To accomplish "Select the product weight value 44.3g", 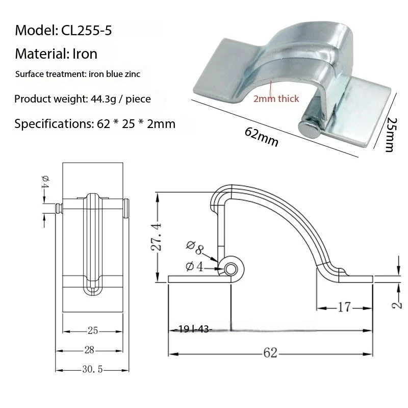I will click(102, 98).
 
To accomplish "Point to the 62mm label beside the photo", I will click(262, 137).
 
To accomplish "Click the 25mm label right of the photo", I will click(390, 134).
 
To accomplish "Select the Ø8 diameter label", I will click(195, 249).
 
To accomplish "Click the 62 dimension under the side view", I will click(270, 353).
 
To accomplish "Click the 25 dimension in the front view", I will click(93, 331).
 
